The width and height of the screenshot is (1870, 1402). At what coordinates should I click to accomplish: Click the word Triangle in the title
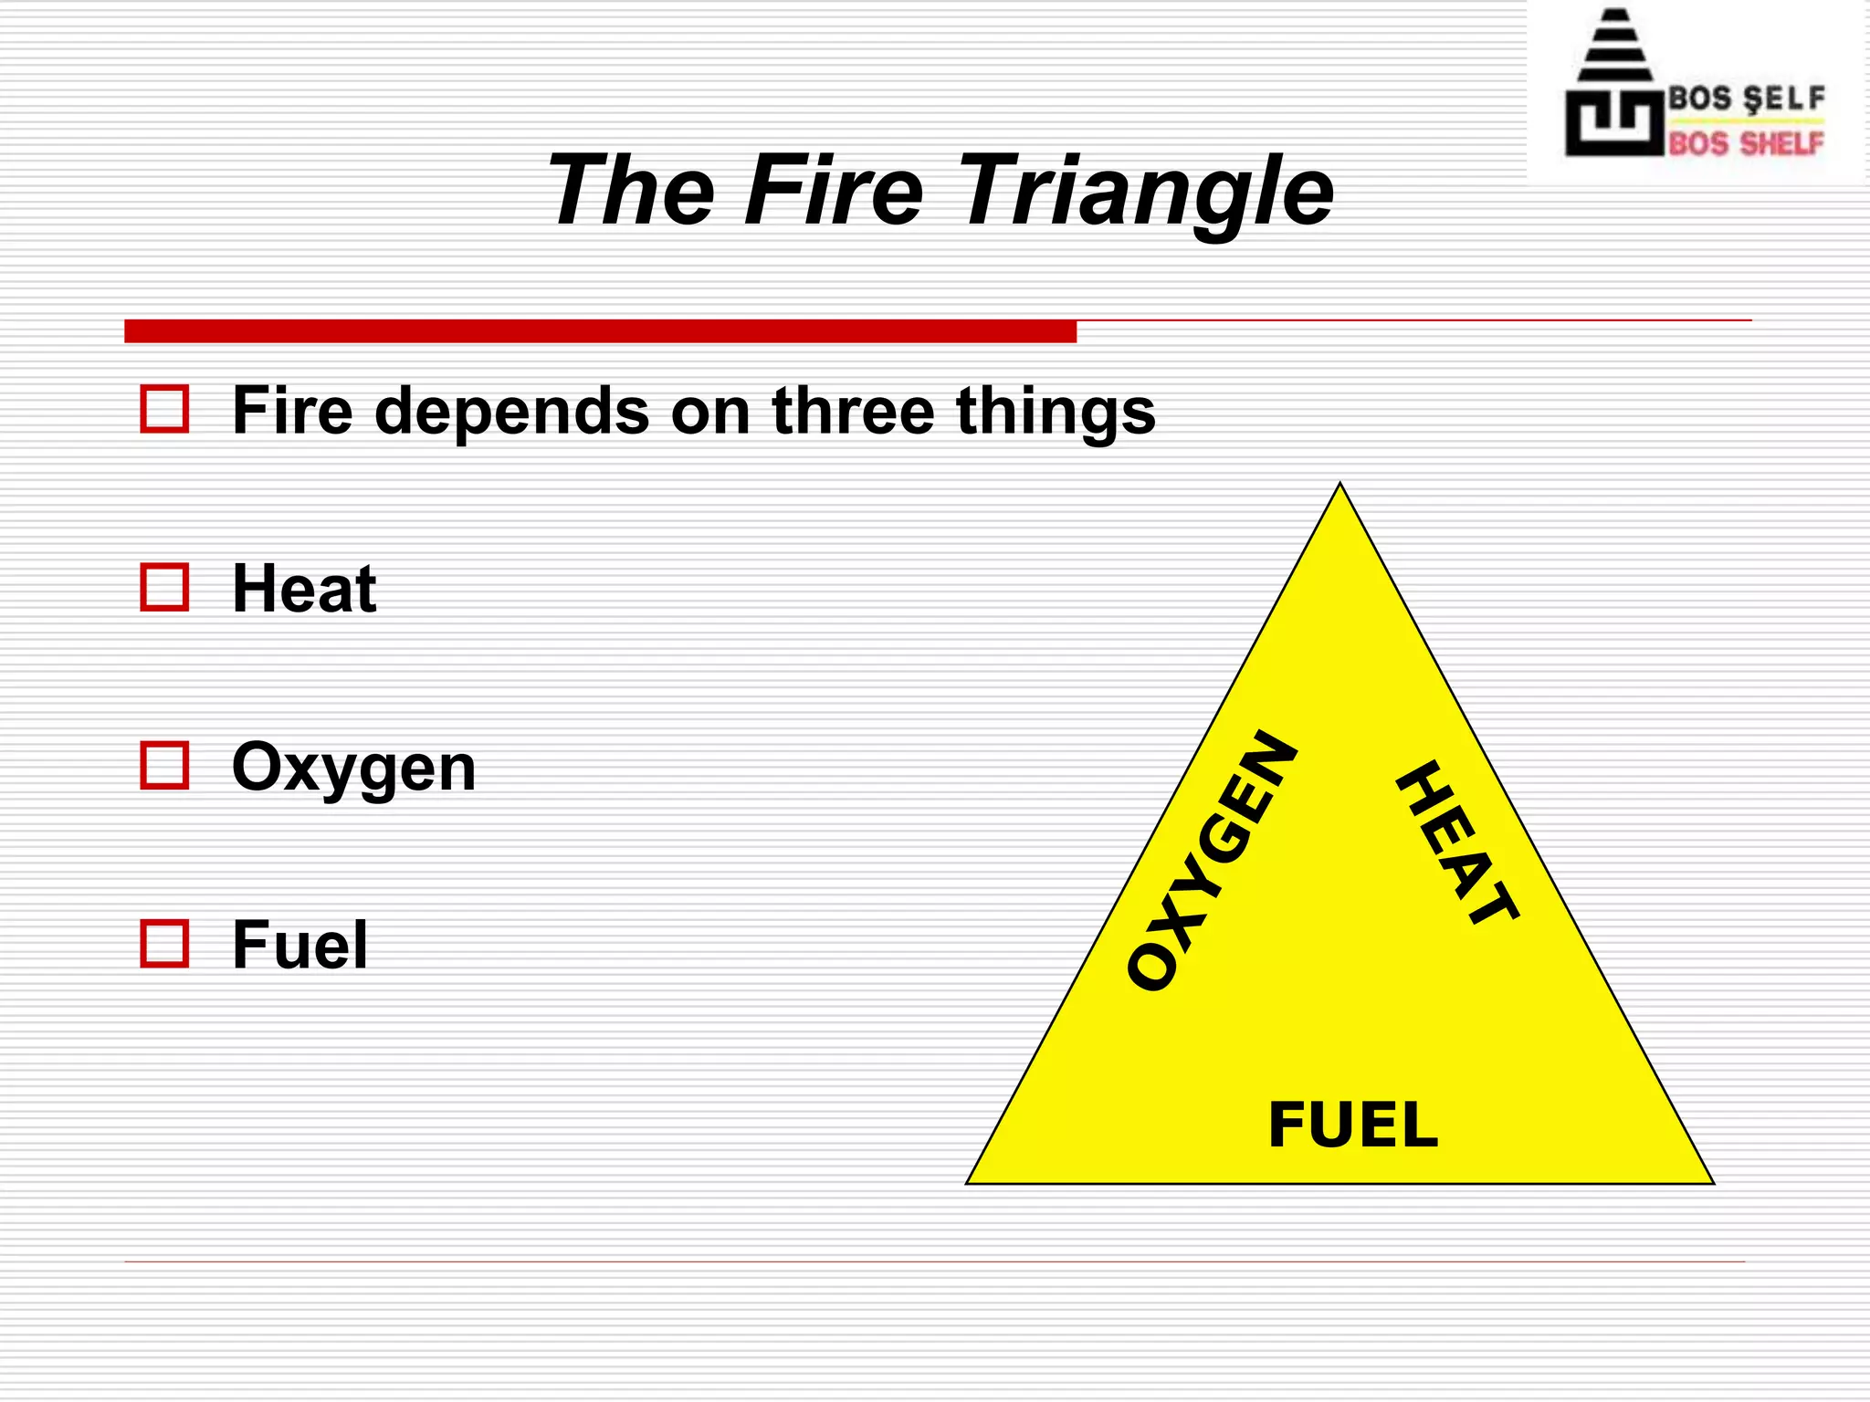click(1145, 192)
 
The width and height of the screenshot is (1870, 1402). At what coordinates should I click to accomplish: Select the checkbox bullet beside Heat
click(164, 587)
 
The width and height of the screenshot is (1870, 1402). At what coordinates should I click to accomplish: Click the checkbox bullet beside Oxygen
click(164, 765)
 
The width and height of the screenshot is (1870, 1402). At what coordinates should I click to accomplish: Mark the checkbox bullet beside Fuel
click(164, 943)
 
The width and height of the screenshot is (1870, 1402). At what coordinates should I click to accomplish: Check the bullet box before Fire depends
click(164, 408)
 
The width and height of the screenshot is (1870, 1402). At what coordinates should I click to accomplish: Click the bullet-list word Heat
click(304, 588)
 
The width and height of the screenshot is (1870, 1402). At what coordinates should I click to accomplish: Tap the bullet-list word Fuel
click(299, 945)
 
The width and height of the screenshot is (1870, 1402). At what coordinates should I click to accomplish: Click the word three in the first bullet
click(853, 410)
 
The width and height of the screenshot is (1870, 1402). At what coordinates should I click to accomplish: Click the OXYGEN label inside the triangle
click(1211, 861)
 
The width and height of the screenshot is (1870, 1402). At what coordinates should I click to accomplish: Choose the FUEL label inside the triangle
click(1353, 1125)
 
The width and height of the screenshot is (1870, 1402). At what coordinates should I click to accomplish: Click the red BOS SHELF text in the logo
click(1746, 143)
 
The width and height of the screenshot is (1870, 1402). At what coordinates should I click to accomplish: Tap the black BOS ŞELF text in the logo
click(1746, 98)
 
